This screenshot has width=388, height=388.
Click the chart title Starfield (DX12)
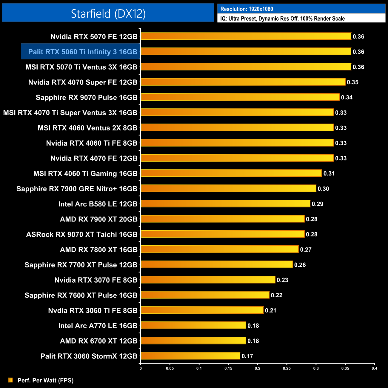[x=108, y=13]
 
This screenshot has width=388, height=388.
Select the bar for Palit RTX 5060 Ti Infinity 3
[x=246, y=52]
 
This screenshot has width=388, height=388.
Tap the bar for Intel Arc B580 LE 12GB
[x=225, y=204]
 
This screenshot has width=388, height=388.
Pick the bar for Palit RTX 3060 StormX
[x=190, y=356]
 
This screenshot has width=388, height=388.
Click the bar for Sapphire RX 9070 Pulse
[x=240, y=97]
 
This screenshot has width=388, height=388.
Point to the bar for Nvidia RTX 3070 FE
[x=208, y=280]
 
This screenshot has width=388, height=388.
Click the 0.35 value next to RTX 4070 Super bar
[x=352, y=82]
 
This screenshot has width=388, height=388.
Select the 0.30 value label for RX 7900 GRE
[x=323, y=189]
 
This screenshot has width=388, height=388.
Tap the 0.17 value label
[x=247, y=356]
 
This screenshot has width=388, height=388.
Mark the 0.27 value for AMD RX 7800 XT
[x=306, y=250]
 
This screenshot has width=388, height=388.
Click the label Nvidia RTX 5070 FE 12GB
[x=94, y=37]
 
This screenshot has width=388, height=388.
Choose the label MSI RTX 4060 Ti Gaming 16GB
[x=85, y=173]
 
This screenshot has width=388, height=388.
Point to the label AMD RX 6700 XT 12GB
[x=98, y=341]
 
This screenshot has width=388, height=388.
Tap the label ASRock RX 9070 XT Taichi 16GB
[x=82, y=234]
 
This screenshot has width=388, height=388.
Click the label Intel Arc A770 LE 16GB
[x=98, y=326]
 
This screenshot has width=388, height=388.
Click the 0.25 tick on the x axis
[x=287, y=368]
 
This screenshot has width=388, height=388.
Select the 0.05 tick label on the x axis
[x=170, y=368]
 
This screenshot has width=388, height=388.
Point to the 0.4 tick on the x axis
[x=374, y=368]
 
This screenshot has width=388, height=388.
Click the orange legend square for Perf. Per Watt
[x=10, y=380]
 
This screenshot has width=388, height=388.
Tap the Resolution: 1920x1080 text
[x=247, y=9]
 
